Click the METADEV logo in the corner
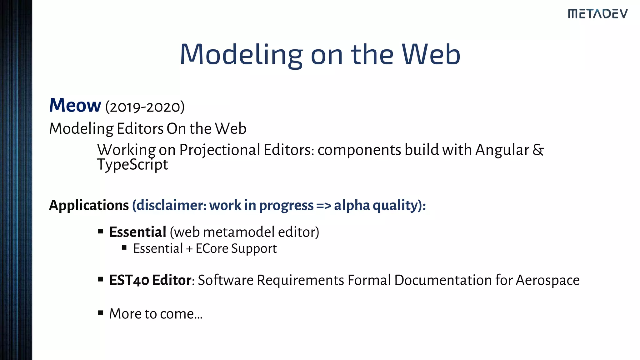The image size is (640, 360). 597,14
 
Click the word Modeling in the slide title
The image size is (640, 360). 241,55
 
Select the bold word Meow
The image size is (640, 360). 75,105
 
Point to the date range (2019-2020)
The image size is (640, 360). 145,107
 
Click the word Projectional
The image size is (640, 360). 220,150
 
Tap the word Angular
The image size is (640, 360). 502,150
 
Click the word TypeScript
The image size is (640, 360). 132,165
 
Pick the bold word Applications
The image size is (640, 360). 89,205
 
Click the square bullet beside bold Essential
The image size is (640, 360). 100,231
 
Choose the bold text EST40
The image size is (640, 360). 129,280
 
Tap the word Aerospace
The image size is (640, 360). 547,280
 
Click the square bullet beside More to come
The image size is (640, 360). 100,313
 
